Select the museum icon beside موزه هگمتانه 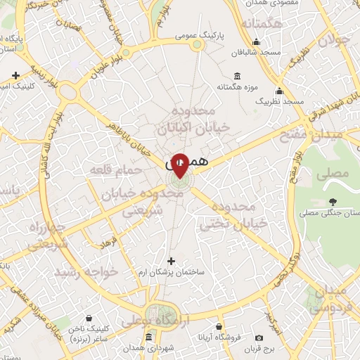tap(236, 77)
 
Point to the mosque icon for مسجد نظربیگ tap(280, 91)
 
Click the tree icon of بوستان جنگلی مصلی tap(331, 202)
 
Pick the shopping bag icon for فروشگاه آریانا tap(219, 327)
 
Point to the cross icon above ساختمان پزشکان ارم tap(170, 261)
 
